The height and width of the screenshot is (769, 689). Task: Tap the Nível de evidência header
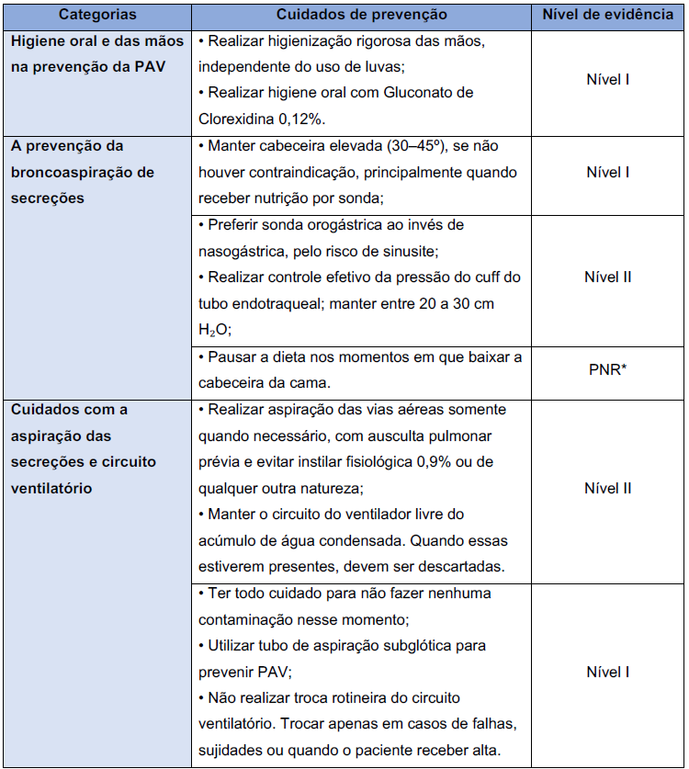(607, 16)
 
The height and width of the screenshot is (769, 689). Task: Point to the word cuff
(476, 277)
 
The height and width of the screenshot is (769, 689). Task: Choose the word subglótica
(414, 646)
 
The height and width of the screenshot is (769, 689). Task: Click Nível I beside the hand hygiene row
(607, 79)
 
